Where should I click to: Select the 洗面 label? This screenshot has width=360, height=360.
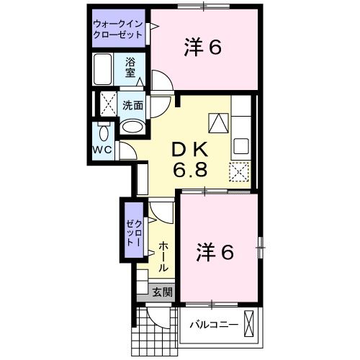click(132, 105)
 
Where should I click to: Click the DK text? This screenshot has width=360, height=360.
click(190, 150)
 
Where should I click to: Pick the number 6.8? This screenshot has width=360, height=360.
click(190, 172)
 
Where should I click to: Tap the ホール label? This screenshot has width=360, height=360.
click(163, 256)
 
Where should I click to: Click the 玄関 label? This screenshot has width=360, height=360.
click(162, 292)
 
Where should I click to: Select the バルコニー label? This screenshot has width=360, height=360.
click(213, 325)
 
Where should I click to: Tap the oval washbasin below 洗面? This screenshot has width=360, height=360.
click(132, 125)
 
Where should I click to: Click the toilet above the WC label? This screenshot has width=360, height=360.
click(102, 132)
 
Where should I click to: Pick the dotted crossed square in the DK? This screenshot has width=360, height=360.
click(239, 172)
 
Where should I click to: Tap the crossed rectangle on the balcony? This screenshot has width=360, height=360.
click(250, 323)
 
